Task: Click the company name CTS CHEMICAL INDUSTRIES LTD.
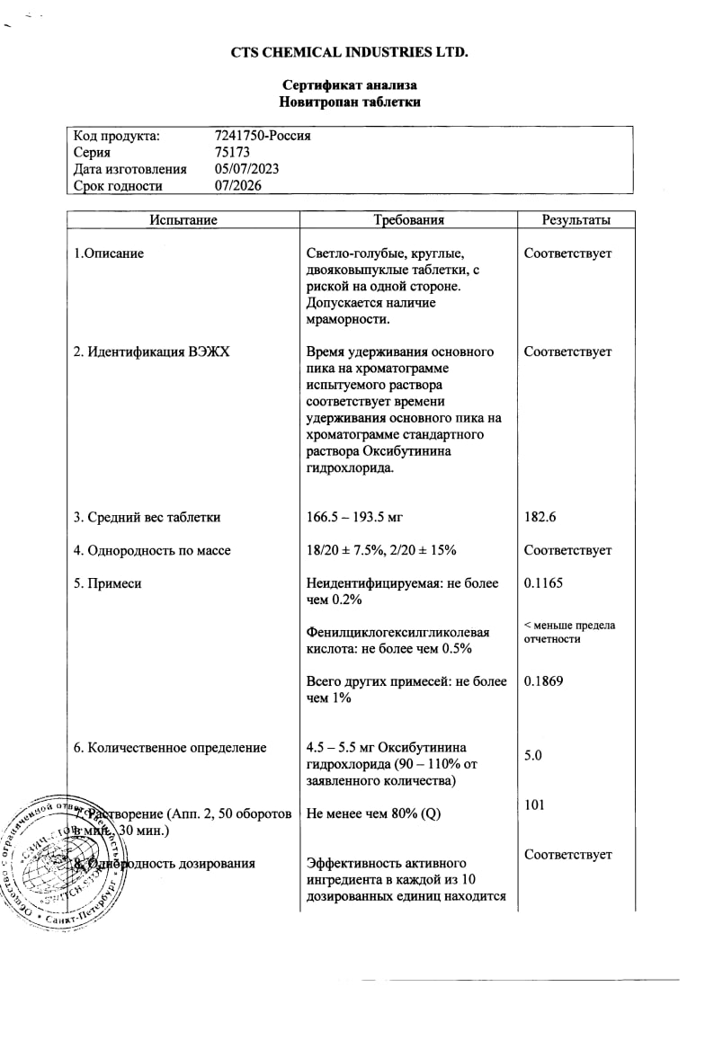pos(349,52)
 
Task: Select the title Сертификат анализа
pos(349,85)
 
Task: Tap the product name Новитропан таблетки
pos(349,102)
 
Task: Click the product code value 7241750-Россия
pos(263,136)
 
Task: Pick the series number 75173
pos(233,153)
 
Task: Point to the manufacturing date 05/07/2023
pos(247,169)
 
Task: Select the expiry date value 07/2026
pos(239,186)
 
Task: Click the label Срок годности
pos(118,186)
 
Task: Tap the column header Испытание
pos(183,220)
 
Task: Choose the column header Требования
pos(408,220)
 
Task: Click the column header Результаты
pos(576,220)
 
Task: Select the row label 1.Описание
pos(109,253)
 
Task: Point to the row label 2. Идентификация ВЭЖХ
pos(151,352)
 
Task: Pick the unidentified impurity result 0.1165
pos(543,583)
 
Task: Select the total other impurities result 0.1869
pos(543,681)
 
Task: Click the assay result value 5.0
pos(533,756)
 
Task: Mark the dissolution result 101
pos(534,805)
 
